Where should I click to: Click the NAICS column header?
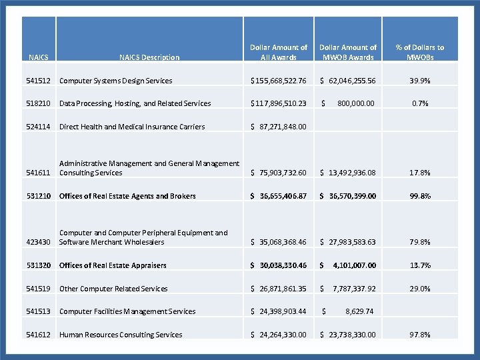click(x=39, y=57)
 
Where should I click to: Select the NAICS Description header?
click(x=149, y=57)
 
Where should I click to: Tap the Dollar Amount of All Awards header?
click(x=279, y=52)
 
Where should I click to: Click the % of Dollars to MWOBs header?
click(x=419, y=52)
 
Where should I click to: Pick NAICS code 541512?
click(x=39, y=81)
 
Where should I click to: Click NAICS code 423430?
click(x=39, y=242)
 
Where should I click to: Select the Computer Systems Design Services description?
click(x=116, y=81)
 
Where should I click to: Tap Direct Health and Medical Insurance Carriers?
click(x=132, y=127)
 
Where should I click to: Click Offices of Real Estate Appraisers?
click(x=113, y=265)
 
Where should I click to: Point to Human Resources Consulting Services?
click(x=121, y=335)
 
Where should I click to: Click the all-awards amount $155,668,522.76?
click(x=279, y=81)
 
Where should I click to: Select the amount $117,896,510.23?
click(x=279, y=103)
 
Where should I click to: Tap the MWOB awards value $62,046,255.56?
click(x=348, y=81)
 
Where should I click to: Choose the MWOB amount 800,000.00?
click(x=356, y=103)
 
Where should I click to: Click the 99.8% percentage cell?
click(x=420, y=196)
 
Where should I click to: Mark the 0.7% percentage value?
click(x=420, y=103)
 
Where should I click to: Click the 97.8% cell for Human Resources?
click(x=420, y=335)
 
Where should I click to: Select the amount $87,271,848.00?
click(x=279, y=127)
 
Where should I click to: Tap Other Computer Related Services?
click(x=113, y=289)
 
